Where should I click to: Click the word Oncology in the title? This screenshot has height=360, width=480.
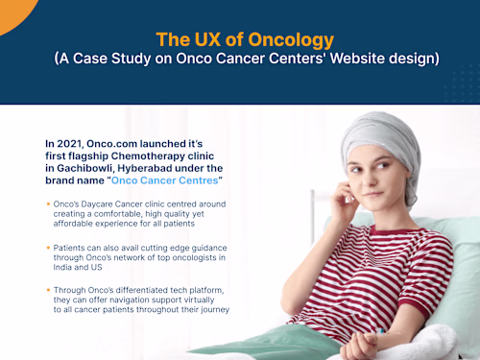pos(287,39)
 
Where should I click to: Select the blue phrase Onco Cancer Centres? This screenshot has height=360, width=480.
pos(165,180)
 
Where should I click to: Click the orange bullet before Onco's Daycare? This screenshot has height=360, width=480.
pos(48,204)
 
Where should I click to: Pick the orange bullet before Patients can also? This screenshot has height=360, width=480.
pos(48,248)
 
